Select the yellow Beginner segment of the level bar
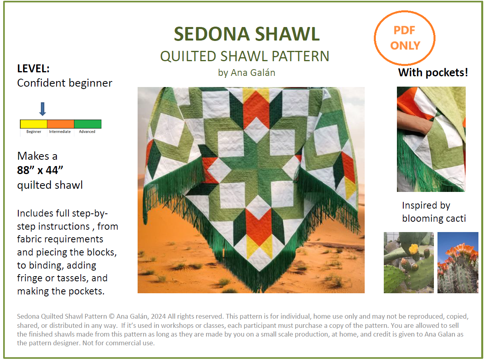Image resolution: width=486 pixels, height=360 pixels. tap(34, 124)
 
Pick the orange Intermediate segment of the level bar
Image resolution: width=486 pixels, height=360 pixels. tap(60, 124)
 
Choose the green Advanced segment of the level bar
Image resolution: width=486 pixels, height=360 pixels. tap(87, 124)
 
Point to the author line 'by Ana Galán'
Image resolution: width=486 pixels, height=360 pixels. tap(247, 73)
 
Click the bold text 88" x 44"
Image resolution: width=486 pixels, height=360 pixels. tap(40, 170)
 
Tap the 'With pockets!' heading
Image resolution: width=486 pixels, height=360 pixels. tap(433, 73)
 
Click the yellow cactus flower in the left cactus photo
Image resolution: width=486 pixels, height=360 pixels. tap(414, 249)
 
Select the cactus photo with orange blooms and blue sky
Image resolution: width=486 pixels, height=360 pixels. tap(458, 263)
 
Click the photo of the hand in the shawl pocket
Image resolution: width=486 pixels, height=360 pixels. tap(431, 139)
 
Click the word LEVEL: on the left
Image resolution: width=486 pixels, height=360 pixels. tap(33, 69)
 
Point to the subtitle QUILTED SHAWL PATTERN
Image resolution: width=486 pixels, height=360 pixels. tap(245, 56)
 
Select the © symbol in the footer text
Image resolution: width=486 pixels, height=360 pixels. tap(112, 317)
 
